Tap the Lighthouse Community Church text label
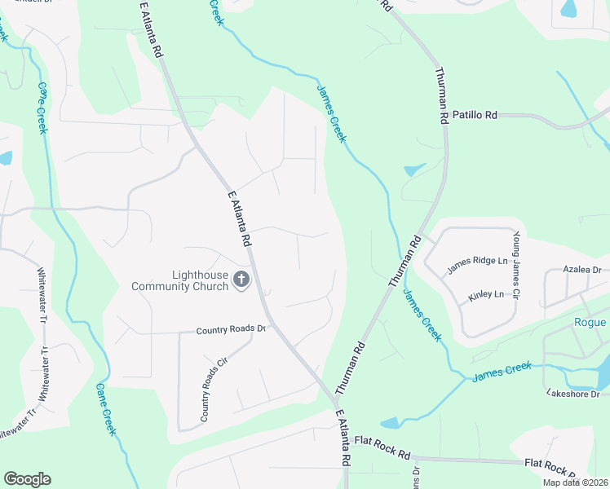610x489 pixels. (182, 280)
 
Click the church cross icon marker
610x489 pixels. (241, 280)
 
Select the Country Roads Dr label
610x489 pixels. (231, 330)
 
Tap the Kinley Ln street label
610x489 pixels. (486, 295)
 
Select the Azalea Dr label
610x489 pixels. (581, 269)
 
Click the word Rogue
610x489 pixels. (590, 323)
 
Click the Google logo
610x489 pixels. (27, 479)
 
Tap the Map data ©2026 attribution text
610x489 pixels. (576, 482)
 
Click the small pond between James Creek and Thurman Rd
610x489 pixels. (413, 170)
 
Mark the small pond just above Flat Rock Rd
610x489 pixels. (390, 422)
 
